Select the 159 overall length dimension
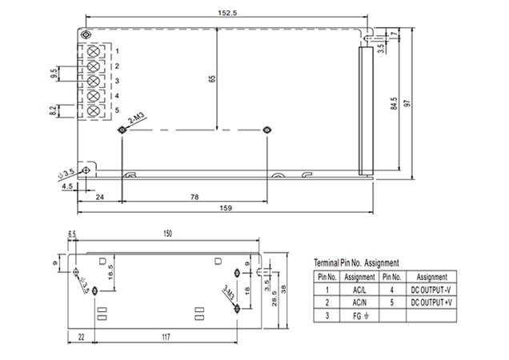pos(226,208)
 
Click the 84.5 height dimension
pos(393,104)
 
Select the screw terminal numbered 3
pos(93,81)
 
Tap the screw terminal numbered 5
pos(93,110)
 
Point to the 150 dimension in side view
pos(167,234)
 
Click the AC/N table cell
pos(359,303)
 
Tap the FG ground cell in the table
pos(359,315)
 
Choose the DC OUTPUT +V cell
pos(432,303)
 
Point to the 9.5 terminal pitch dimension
pos(54,74)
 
